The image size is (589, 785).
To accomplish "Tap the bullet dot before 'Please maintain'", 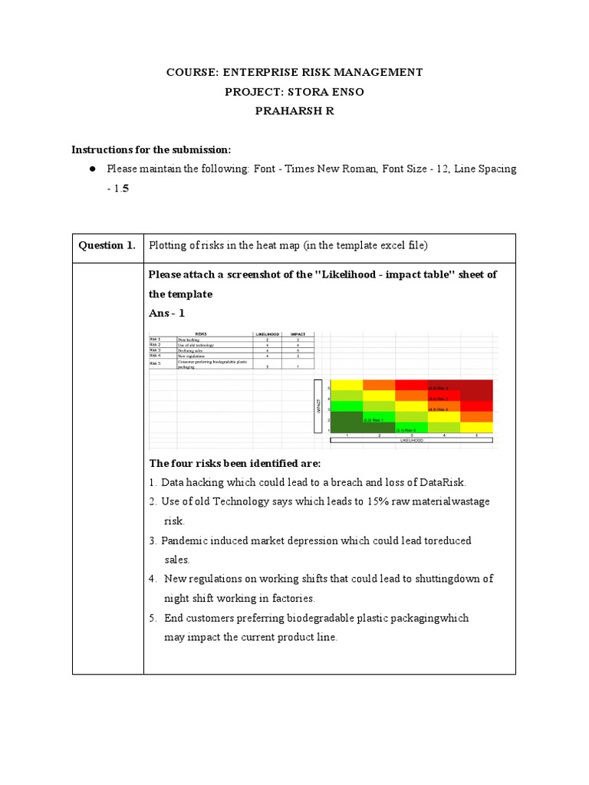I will (x=91, y=169).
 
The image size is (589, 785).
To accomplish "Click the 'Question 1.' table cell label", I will (x=107, y=245).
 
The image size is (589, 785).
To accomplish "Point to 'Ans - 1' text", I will (x=166, y=313).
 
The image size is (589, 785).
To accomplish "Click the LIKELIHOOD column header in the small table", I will (x=266, y=334).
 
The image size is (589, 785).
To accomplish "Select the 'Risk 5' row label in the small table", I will (x=156, y=363).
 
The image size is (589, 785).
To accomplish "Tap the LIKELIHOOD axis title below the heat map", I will (x=412, y=440).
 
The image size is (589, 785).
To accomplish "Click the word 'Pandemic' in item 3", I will (x=185, y=540).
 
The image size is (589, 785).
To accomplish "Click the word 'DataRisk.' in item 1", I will (x=440, y=482).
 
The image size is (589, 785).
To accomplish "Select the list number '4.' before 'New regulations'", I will (x=153, y=579).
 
